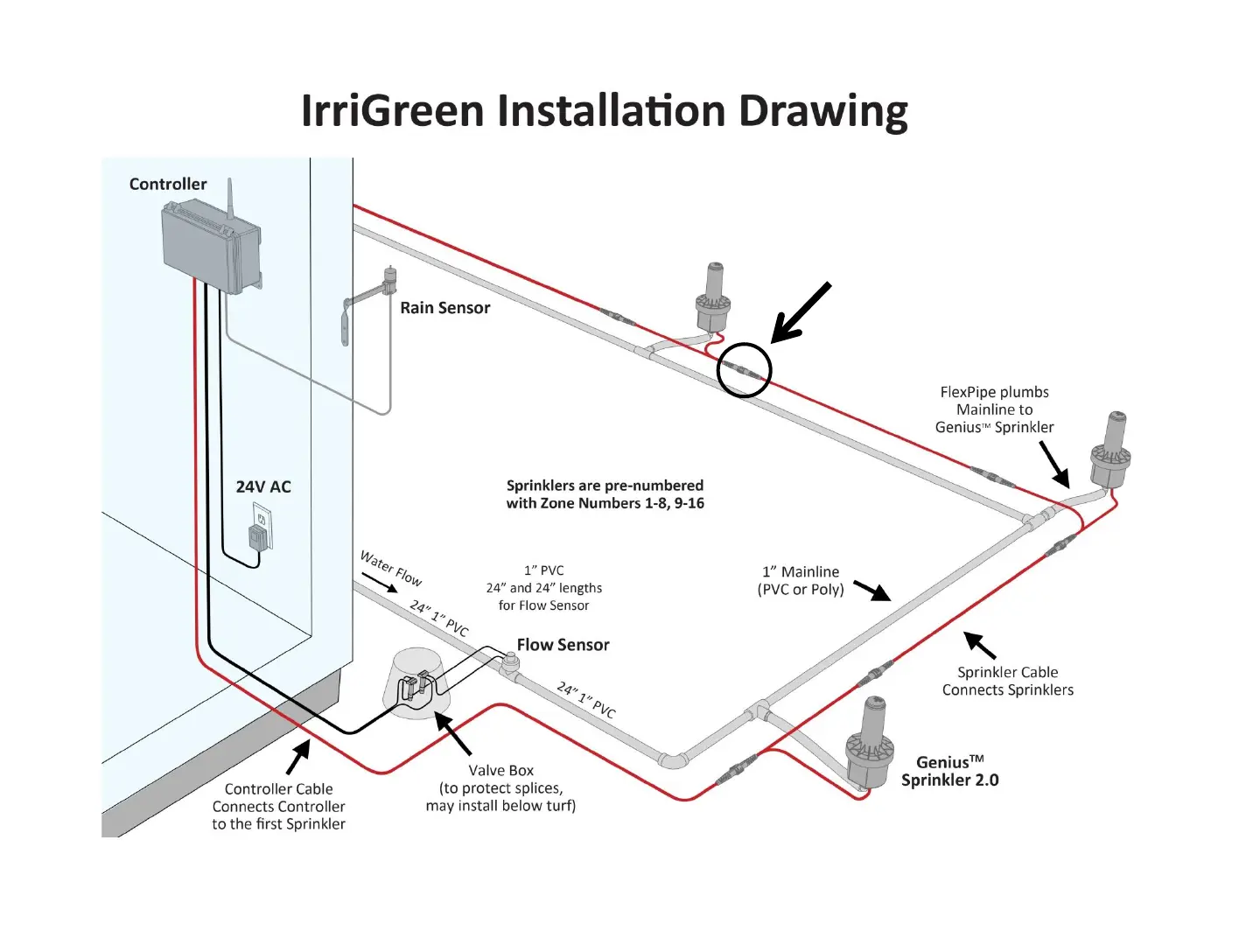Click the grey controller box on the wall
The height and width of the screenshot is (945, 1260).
point(210,245)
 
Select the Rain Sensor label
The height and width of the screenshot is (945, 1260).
point(444,308)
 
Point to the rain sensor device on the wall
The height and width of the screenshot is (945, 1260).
point(385,284)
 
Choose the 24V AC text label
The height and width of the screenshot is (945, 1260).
point(263,487)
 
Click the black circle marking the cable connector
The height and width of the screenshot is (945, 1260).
point(744,371)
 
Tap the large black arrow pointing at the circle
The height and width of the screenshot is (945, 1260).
point(800,312)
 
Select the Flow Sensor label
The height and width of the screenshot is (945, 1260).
point(563,645)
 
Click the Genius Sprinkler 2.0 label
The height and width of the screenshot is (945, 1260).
point(949,771)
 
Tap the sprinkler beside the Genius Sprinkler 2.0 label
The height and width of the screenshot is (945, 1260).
point(871,744)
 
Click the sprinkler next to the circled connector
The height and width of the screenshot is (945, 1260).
point(714,297)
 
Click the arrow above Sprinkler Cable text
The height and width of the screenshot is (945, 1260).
point(980,645)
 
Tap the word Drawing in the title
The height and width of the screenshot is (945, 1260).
point(822,111)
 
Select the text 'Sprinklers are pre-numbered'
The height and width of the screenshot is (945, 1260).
point(605,486)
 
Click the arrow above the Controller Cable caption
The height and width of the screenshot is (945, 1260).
point(298,757)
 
